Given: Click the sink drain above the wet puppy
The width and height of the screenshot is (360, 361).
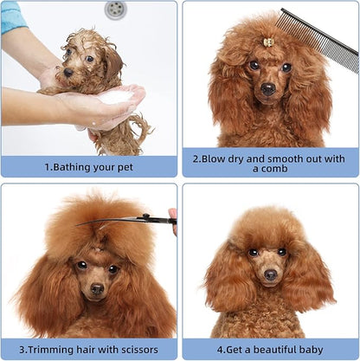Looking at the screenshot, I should pos(114,9).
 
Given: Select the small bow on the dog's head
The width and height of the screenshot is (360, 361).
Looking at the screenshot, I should pos(268,42).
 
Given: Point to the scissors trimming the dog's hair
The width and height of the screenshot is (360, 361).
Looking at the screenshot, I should pos(130,220).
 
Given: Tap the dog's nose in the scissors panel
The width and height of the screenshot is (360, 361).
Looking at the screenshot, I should pos(97,288).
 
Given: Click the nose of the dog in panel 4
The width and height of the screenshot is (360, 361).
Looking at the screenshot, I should pos(271,275).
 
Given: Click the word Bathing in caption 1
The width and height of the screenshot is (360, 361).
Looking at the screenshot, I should pos(74,166).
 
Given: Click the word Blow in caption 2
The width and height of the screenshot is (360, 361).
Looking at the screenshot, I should pos(209,159).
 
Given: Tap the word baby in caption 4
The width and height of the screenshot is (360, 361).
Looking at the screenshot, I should pos(318,350).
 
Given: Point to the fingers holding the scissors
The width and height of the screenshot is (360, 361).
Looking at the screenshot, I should pos(173,216).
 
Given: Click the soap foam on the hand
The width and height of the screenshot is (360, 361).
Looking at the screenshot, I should pos(112,98).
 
